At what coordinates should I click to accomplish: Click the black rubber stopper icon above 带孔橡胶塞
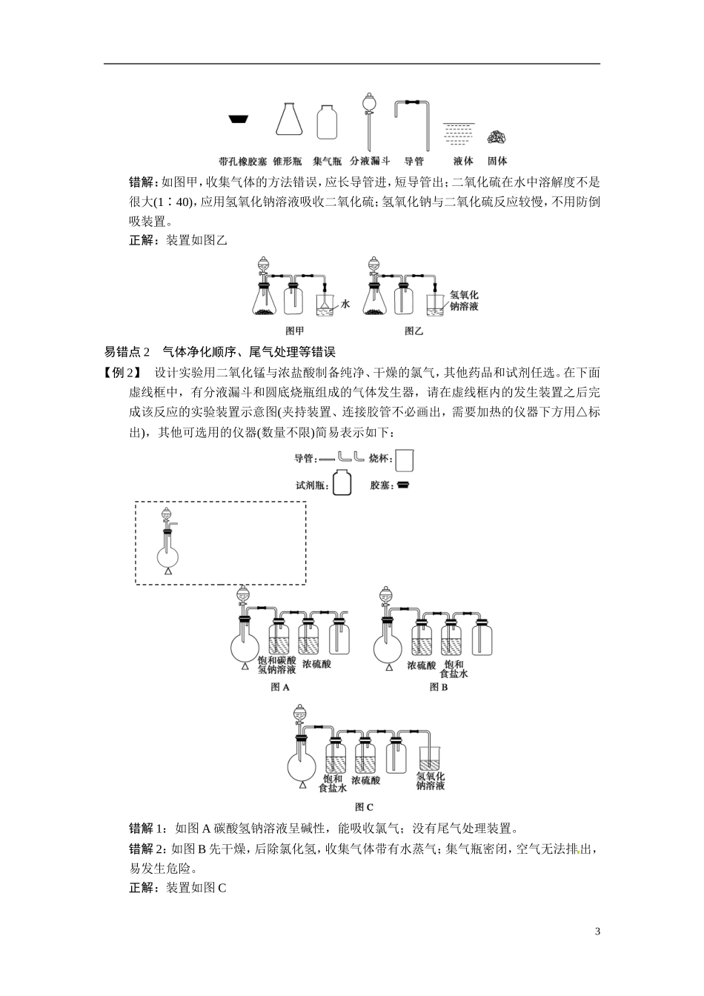point(237,119)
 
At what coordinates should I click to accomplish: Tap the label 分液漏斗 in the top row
point(371,161)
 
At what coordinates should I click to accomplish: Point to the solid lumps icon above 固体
point(497,136)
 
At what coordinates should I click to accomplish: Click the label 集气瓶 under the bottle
point(327,161)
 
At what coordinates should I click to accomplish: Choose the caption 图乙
point(414,331)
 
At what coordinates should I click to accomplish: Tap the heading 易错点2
point(127,351)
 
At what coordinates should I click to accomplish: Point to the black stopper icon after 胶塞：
point(403,486)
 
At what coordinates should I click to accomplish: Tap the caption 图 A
point(280,687)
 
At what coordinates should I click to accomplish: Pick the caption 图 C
point(364,807)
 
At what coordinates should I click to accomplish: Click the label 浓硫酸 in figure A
point(316,664)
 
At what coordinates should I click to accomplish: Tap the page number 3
point(597,932)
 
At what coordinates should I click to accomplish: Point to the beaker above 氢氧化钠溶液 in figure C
point(431,758)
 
